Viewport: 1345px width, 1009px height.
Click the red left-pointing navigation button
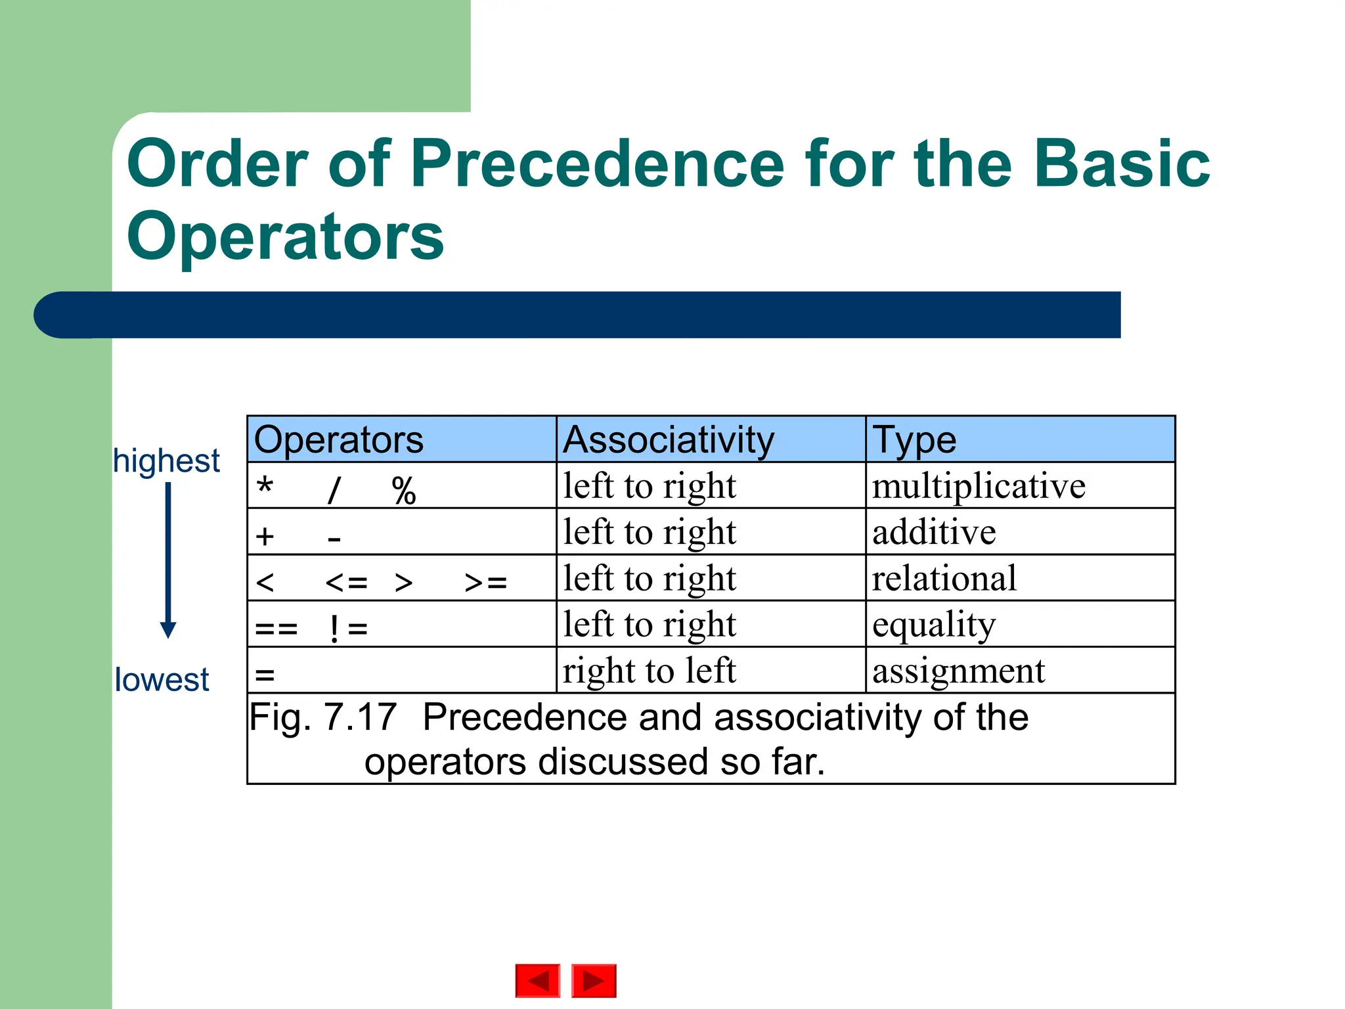538,981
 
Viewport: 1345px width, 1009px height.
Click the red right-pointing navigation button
594,981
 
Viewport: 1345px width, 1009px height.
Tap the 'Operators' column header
339,439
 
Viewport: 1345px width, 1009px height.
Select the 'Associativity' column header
669,439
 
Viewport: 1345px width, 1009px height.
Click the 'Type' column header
914,439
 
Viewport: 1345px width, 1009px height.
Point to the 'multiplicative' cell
979,486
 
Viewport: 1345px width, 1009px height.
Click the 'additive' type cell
934,532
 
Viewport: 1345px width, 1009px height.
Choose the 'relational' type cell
944,578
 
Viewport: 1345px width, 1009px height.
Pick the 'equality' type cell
934,625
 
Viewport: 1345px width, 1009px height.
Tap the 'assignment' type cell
958,671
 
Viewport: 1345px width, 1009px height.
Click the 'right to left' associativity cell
650,671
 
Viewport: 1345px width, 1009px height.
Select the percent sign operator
404,491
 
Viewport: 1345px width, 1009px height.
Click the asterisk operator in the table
265,487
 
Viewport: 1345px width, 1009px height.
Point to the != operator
347,629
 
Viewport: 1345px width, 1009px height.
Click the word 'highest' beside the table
166,460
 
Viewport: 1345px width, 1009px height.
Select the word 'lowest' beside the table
162,679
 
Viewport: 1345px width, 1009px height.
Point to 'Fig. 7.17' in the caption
323,717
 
